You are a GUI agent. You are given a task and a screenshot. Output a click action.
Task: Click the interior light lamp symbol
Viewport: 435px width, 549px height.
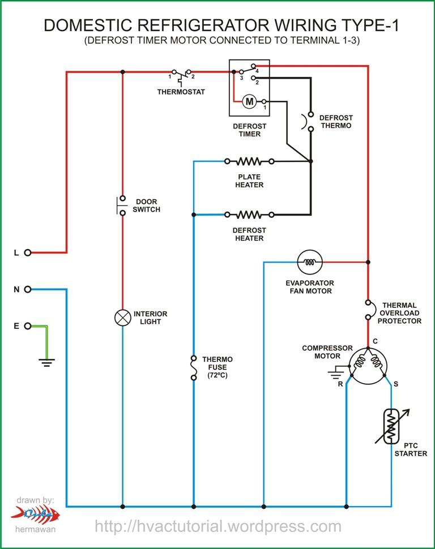tap(122, 318)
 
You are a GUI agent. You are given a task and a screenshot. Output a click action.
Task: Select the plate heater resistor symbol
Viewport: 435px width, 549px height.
tap(249, 161)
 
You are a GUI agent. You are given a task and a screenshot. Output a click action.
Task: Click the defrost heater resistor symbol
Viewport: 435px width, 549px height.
tap(249, 215)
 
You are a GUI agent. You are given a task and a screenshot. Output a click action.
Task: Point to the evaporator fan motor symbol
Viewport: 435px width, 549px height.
tap(309, 262)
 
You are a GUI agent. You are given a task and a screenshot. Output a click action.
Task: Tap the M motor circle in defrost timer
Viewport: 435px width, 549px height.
tap(249, 101)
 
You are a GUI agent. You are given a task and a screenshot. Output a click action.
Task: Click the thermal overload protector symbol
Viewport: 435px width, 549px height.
tap(368, 310)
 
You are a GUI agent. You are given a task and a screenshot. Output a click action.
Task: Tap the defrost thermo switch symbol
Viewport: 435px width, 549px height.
tap(310, 121)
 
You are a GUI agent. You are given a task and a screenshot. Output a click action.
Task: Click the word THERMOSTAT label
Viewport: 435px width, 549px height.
tap(181, 92)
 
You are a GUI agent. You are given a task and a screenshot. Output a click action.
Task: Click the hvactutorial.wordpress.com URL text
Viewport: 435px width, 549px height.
tap(218, 526)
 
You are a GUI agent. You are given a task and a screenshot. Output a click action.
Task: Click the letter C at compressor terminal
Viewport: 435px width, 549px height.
tap(374, 341)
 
